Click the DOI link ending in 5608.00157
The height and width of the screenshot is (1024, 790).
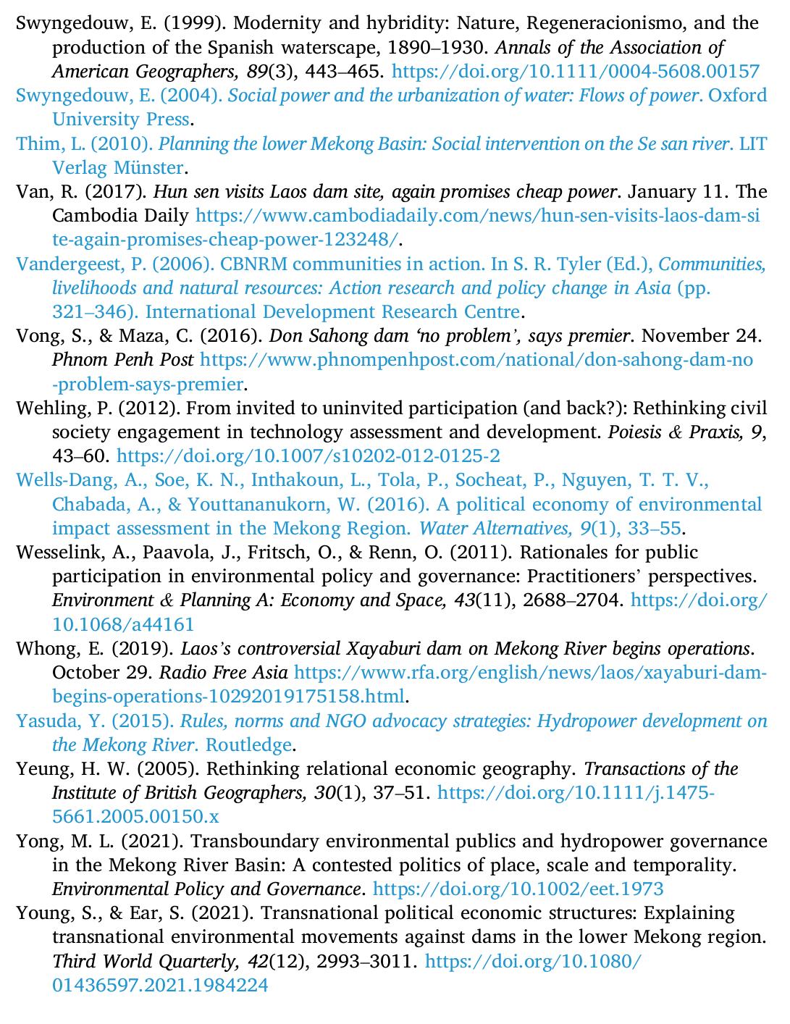(575, 71)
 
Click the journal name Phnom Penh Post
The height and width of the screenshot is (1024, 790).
(122, 360)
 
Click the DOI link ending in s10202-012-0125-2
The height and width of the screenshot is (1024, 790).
(308, 456)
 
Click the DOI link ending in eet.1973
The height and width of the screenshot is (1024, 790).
(518, 889)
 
